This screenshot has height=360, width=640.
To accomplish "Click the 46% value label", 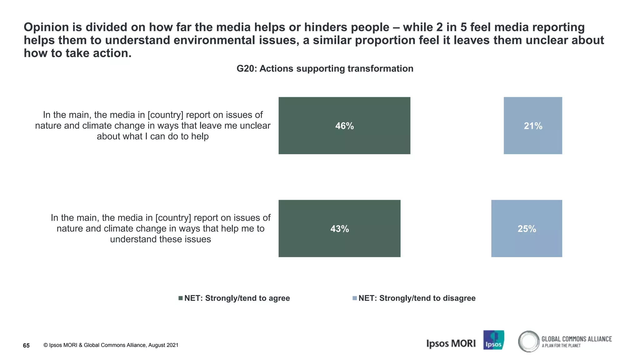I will [x=344, y=126].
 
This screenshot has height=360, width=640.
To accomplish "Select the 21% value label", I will [x=533, y=126].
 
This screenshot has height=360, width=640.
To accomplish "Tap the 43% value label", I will [x=339, y=229].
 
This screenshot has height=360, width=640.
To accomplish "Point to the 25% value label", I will [x=527, y=229].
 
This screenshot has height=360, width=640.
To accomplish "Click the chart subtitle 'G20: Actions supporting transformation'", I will [x=325, y=68].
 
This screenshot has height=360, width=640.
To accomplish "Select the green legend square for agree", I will [x=180, y=298].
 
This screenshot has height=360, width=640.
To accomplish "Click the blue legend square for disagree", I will [x=354, y=298].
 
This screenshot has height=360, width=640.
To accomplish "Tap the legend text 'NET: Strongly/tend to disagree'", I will [x=417, y=298].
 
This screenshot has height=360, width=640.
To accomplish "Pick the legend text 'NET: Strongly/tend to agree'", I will [x=237, y=298].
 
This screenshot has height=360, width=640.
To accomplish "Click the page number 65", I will [x=26, y=345].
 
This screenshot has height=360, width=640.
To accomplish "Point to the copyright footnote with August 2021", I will [x=111, y=345].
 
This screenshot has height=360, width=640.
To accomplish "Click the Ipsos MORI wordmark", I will [x=451, y=343].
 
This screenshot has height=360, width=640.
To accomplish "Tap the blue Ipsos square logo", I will [x=493, y=340].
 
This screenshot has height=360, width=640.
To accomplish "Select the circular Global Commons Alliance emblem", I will [x=529, y=341].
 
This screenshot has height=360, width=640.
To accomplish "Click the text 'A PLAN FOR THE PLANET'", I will [x=561, y=346].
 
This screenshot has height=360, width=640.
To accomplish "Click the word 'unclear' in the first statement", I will [x=254, y=126].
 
